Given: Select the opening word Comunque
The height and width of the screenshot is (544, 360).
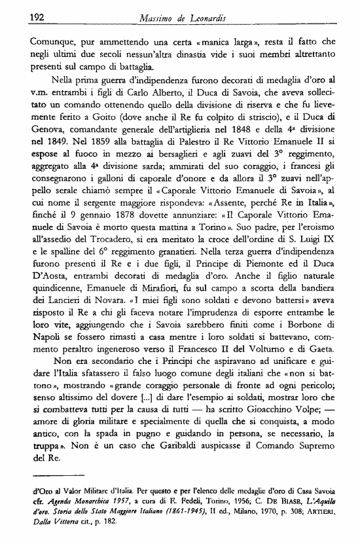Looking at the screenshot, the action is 53,43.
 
